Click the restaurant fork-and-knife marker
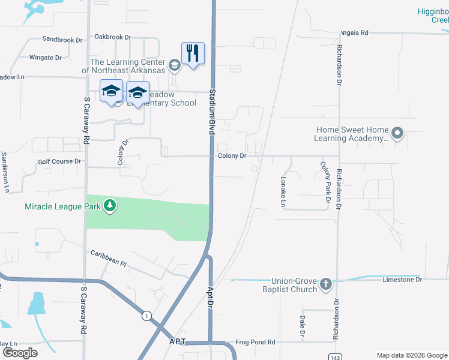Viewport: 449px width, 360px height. click(x=193, y=53)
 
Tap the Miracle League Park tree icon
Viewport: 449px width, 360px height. click(x=109, y=206)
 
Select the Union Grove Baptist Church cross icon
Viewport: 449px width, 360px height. click(x=325, y=284)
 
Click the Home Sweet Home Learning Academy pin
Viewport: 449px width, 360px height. click(x=397, y=133)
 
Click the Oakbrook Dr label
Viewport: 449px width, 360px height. click(x=112, y=37)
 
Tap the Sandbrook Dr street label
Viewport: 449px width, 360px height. click(x=62, y=40)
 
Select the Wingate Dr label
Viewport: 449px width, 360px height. click(x=46, y=58)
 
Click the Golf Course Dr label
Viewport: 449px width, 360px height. click(x=59, y=161)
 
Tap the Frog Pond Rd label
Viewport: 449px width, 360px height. click(x=255, y=342)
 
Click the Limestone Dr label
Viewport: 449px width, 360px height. click(x=403, y=280)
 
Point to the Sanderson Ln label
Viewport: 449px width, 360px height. click(x=5, y=172)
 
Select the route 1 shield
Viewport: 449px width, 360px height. click(x=145, y=315)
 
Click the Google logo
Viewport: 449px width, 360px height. click(x=20, y=352)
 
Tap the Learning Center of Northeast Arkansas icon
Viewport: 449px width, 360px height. click(x=175, y=65)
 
